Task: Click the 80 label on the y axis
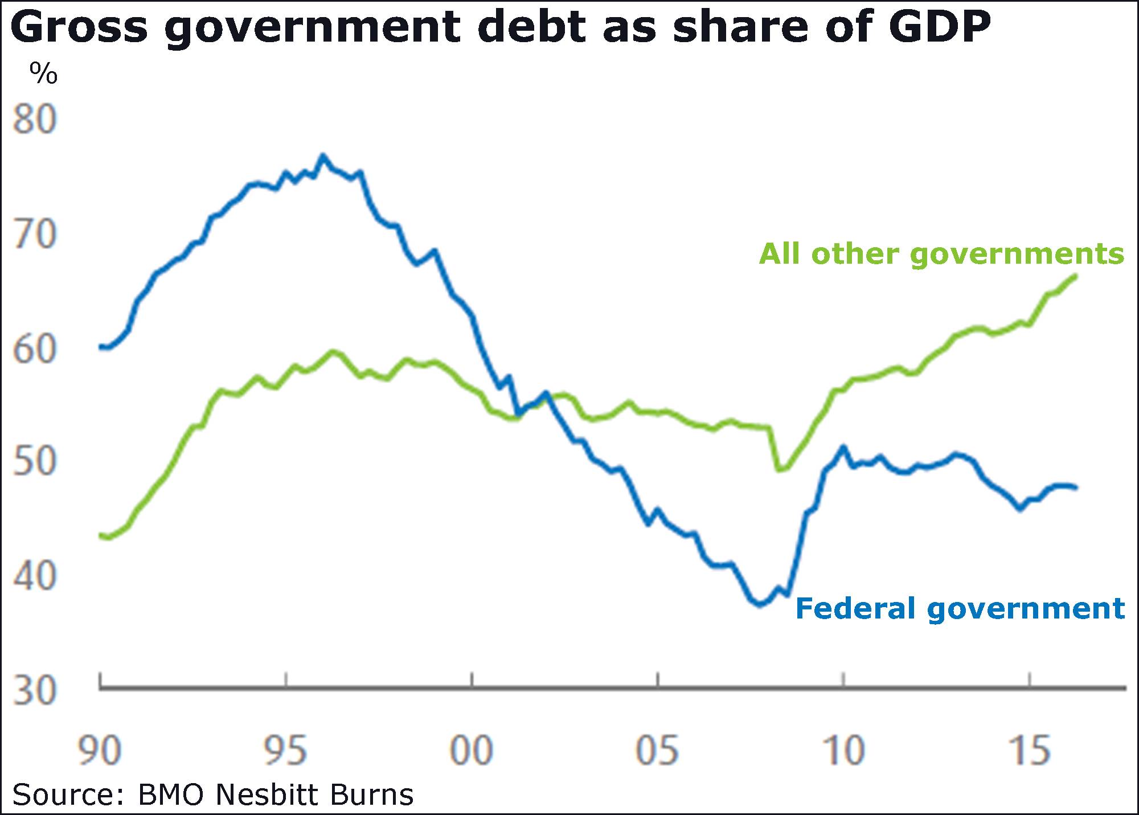coord(35,120)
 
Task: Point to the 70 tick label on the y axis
coord(35,234)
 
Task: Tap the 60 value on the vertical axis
coord(35,349)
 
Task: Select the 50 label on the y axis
coord(35,461)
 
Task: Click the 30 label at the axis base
coord(35,690)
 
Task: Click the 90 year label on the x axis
coord(100,751)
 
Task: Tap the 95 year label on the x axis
coord(286,751)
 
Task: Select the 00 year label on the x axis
coord(472,751)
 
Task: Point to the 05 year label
coord(658,751)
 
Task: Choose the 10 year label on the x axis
coord(843,751)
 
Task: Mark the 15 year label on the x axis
coord(1029,751)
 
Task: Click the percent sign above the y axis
coord(44,73)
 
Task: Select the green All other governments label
coord(942,253)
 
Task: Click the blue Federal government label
coord(960,608)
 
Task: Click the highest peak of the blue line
coord(323,155)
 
